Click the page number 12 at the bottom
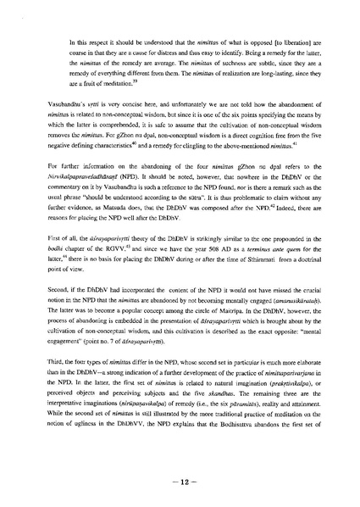click(x=180, y=482)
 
